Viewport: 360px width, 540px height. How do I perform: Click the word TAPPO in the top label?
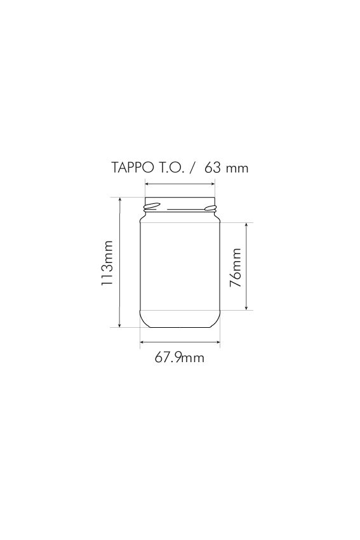pos(133,168)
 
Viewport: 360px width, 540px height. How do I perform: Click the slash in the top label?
pos(194,168)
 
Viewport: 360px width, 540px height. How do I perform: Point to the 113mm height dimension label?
pos(107,263)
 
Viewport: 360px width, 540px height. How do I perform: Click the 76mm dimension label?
pos(236,267)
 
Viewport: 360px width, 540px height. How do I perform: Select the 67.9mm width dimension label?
pos(179,358)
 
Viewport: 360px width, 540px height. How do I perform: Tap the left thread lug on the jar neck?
pos(152,206)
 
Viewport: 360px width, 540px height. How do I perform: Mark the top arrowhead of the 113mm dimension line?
pos(120,199)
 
